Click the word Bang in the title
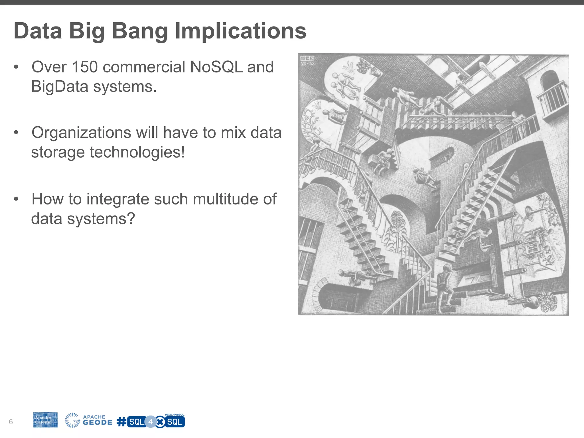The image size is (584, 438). coord(140,31)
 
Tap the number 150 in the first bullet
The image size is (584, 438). coord(85,67)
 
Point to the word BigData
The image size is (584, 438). coord(60,86)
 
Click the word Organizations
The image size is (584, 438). coord(81,133)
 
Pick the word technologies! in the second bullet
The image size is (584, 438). coord(137,152)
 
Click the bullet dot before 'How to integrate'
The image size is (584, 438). coord(16,199)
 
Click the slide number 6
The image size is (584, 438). coord(11,422)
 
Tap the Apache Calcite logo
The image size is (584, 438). coord(45,420)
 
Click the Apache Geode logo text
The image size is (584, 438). coord(97,420)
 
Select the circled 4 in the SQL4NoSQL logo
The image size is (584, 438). coord(151,422)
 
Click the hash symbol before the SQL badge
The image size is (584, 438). coord(121,422)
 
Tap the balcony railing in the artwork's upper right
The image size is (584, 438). coord(553,98)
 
